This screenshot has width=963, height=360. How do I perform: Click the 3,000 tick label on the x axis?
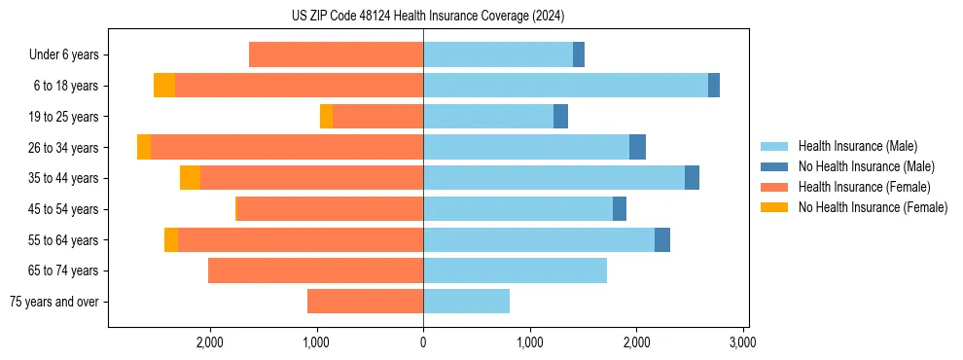(x=742, y=342)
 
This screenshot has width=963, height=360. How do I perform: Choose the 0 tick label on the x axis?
(x=423, y=342)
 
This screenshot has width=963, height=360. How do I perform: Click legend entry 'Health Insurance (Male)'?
(x=857, y=146)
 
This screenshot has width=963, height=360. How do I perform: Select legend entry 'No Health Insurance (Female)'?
(x=873, y=207)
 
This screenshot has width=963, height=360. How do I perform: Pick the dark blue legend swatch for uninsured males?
(x=774, y=166)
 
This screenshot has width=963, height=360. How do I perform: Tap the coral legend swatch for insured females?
(x=774, y=187)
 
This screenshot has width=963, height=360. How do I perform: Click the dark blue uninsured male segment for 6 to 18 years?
(x=714, y=86)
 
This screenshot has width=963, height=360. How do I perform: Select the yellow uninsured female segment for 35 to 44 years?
(x=190, y=178)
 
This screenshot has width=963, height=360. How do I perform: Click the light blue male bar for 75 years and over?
(x=466, y=302)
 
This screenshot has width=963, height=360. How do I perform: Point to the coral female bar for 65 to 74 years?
(x=315, y=270)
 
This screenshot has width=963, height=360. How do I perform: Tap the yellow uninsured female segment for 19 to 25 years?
(x=326, y=117)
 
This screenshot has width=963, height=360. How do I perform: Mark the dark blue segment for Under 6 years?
(x=579, y=55)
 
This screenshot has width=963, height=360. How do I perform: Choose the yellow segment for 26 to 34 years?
(x=144, y=148)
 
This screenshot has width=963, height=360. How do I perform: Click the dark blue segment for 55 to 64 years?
(x=662, y=240)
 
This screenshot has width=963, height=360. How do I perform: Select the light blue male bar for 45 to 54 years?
(x=517, y=209)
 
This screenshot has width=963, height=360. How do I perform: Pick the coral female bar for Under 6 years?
(x=336, y=55)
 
